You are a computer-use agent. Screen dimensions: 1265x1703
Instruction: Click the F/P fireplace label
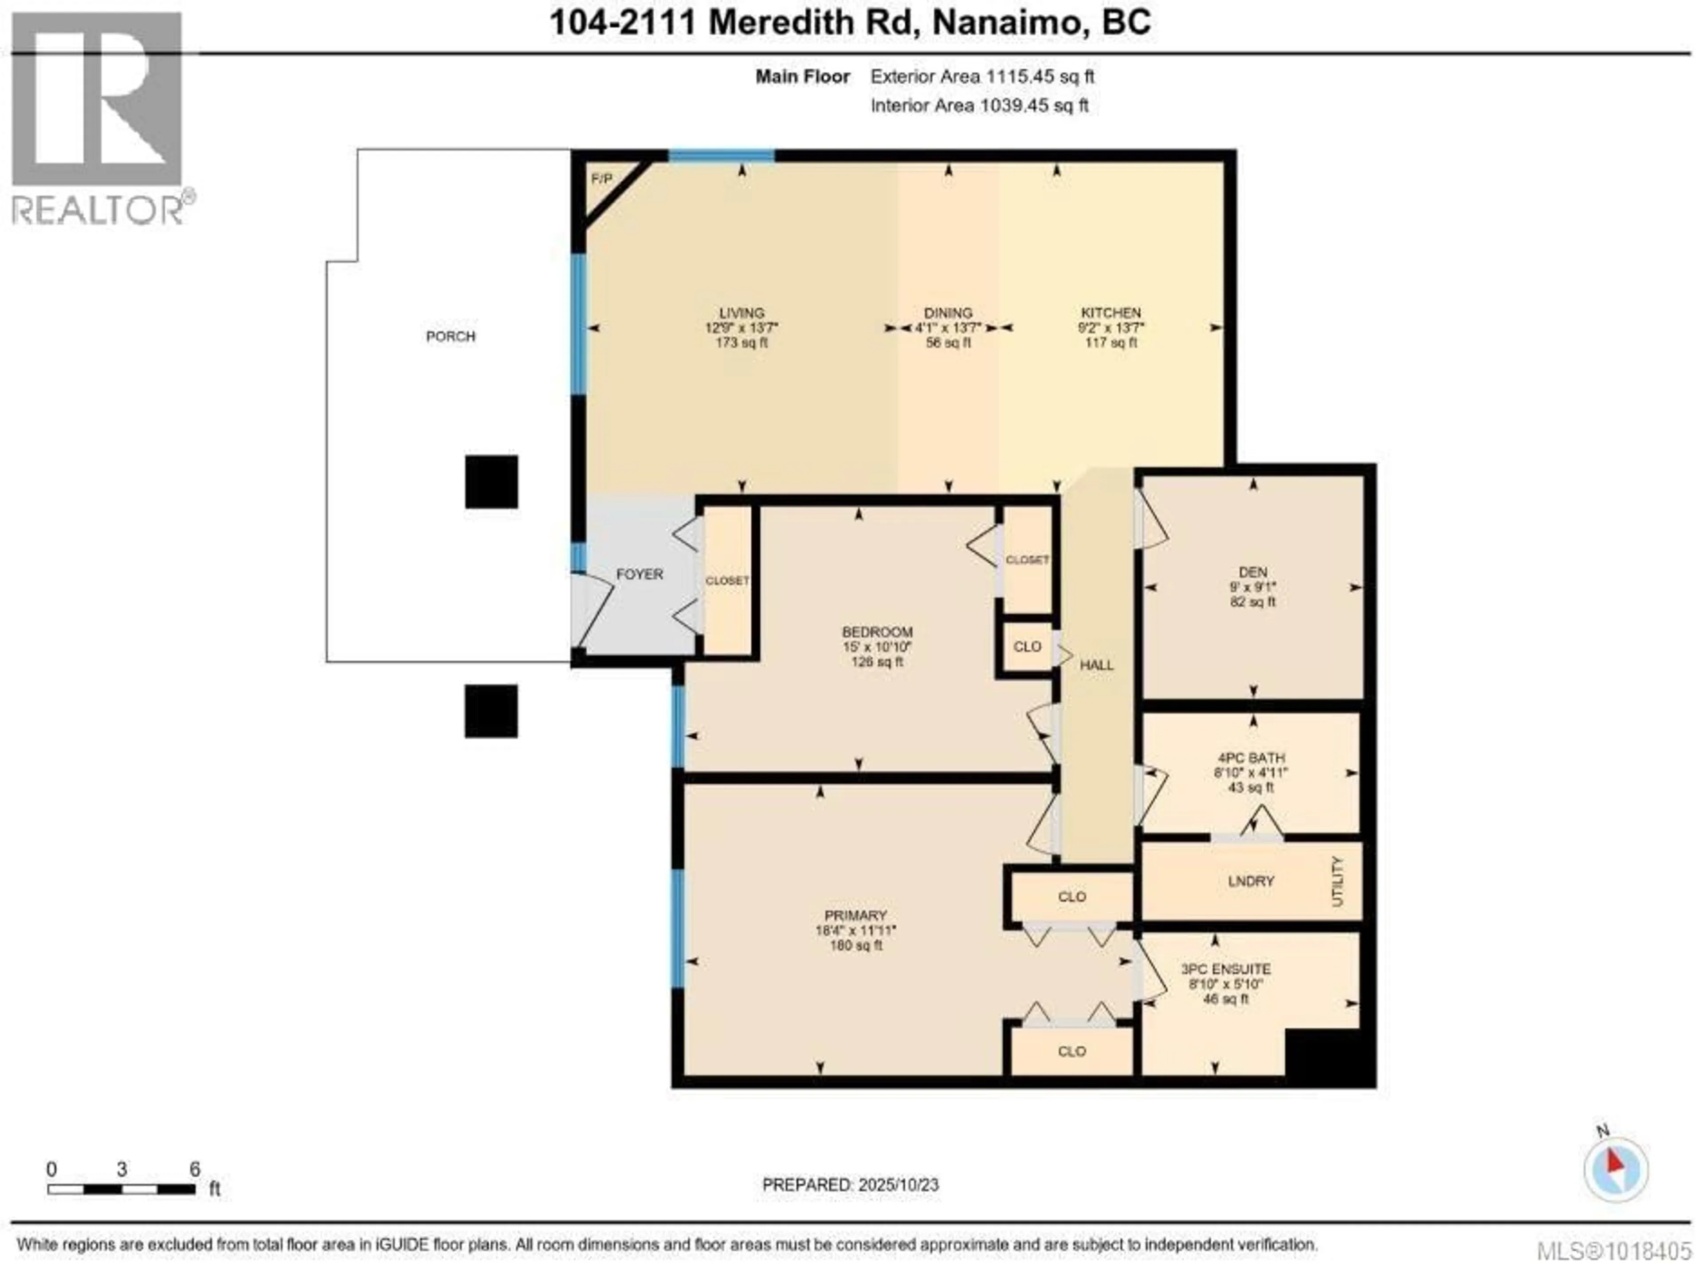(x=602, y=179)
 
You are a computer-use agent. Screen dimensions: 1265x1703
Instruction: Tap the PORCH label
(x=450, y=336)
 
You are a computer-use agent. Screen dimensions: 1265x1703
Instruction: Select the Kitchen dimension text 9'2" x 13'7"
(x=1110, y=328)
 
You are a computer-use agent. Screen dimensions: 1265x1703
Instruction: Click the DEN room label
(x=1253, y=572)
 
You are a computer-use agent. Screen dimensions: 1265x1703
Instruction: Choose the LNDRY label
(x=1251, y=881)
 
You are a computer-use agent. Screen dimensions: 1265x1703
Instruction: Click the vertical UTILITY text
(x=1338, y=881)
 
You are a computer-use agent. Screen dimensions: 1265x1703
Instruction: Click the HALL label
(x=1097, y=665)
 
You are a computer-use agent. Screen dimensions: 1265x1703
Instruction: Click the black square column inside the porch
(x=491, y=482)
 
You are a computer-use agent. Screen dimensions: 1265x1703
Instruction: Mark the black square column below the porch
(x=491, y=711)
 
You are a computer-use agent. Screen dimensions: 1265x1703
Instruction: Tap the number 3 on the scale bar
(x=122, y=1169)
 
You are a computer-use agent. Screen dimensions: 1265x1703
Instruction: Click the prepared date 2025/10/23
(x=898, y=1185)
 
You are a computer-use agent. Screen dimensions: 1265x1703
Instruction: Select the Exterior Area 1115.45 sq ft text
(x=982, y=77)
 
